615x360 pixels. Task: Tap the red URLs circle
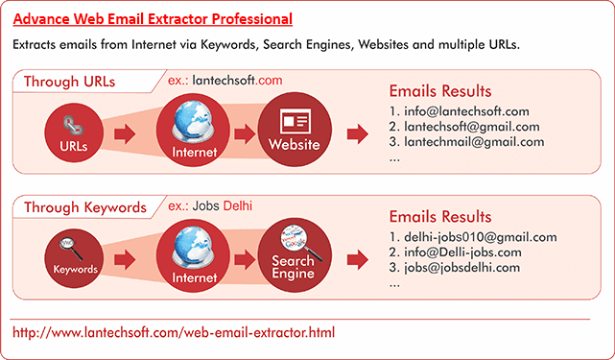click(x=73, y=134)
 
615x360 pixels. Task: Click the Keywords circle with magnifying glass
click(x=73, y=257)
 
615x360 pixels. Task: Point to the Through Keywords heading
click(x=85, y=206)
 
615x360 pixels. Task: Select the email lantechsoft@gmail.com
click(x=464, y=127)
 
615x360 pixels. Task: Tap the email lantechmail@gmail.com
click(x=466, y=142)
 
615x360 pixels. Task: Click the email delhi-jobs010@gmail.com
click(x=473, y=237)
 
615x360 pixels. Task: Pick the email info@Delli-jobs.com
click(x=455, y=252)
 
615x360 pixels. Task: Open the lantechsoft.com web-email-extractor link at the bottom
click(x=174, y=332)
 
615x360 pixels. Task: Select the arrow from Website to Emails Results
click(x=358, y=134)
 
